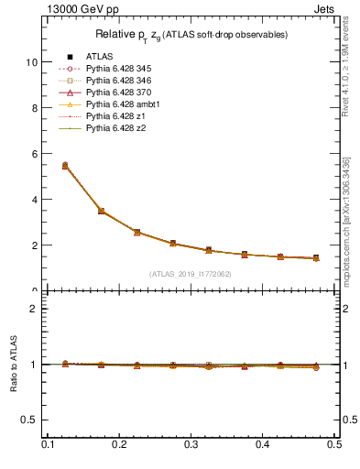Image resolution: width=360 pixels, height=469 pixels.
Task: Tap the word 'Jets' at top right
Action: pyautogui.click(x=324, y=7)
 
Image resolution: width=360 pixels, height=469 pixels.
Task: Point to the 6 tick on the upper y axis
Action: pyautogui.click(x=34, y=154)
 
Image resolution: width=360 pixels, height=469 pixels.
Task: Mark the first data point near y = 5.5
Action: pyautogui.click(x=65, y=166)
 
